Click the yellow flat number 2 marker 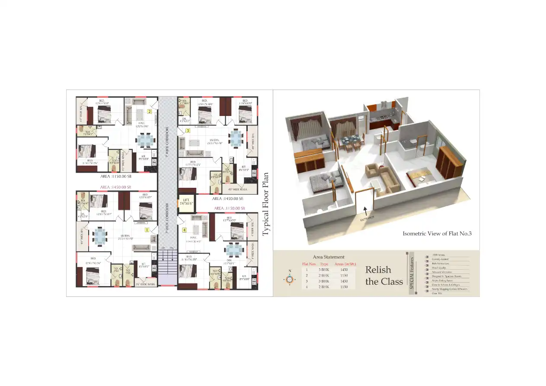tap(149, 111)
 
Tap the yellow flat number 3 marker tap(188, 130)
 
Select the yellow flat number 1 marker tap(147, 230)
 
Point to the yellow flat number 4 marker tap(184, 230)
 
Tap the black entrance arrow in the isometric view tap(365, 211)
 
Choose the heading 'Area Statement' tap(329, 257)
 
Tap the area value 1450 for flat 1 tap(344, 270)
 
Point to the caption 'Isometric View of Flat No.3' tap(437, 234)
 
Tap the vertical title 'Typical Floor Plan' tap(265, 204)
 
